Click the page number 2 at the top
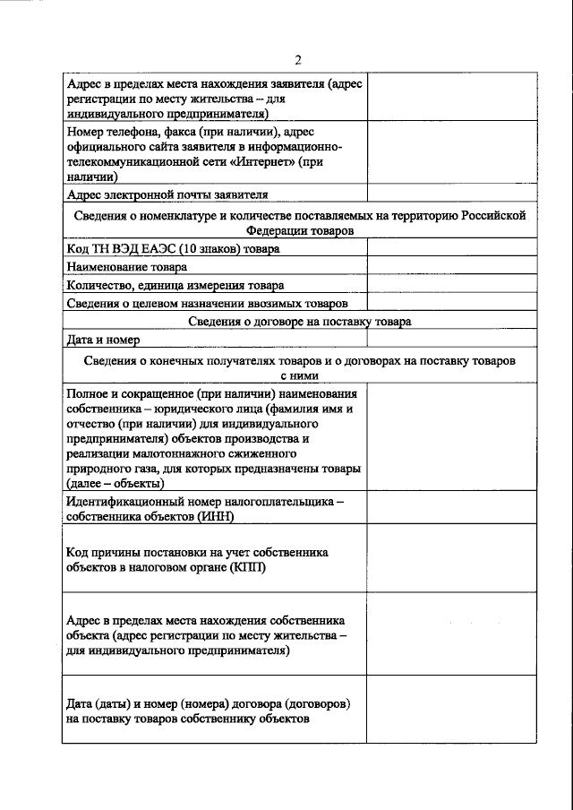click(x=300, y=60)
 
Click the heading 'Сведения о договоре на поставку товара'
click(x=300, y=322)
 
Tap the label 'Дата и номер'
click(x=104, y=340)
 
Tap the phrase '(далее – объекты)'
click(x=122, y=484)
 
